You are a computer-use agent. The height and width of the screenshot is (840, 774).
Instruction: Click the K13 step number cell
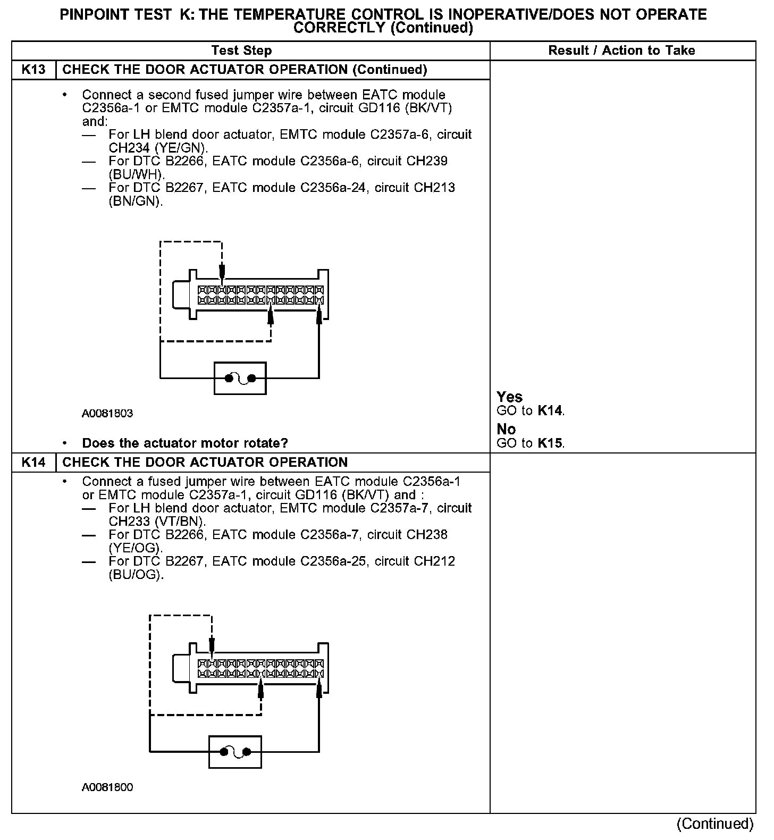[x=33, y=70]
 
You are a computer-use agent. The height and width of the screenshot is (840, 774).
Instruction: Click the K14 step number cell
[x=33, y=462]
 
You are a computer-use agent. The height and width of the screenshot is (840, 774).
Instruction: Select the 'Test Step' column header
[x=241, y=51]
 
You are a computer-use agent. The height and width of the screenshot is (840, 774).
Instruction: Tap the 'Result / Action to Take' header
[x=621, y=51]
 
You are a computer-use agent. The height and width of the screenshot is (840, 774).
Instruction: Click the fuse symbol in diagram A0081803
[x=240, y=379]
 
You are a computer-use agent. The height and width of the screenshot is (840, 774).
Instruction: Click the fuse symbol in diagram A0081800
[x=235, y=752]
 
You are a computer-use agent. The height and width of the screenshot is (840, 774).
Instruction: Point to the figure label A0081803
[x=107, y=413]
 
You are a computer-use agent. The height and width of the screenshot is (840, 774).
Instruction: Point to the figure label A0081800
[x=107, y=787]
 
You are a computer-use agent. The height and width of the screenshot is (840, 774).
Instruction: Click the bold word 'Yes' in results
[x=509, y=397]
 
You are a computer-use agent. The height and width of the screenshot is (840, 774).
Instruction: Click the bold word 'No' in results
[x=506, y=429]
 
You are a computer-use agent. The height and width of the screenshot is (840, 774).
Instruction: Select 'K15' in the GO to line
[x=550, y=443]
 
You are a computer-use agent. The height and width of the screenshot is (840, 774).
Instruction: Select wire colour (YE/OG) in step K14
[x=136, y=548]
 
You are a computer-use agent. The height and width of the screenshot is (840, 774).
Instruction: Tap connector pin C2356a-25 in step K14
[x=333, y=561]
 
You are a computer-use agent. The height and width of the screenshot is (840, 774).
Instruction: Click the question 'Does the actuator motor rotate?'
[x=185, y=443]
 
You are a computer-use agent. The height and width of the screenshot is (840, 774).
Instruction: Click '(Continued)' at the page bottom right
[x=715, y=824]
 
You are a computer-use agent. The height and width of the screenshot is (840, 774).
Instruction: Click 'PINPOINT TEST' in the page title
[x=115, y=14]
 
